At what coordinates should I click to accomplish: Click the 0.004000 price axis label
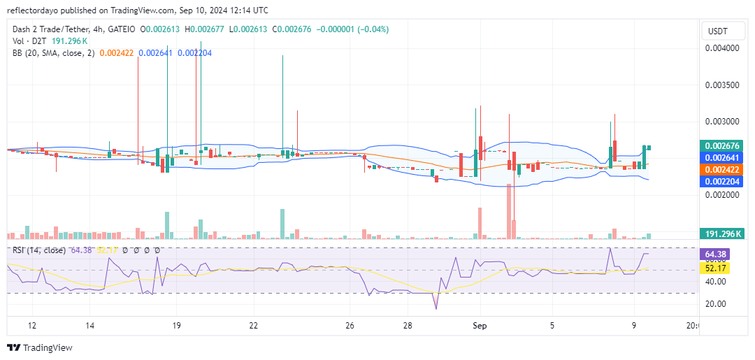tap(721, 48)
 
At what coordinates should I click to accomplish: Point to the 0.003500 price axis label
tap(721, 85)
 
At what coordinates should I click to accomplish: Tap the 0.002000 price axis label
tap(721, 195)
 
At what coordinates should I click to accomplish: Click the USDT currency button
tap(718, 31)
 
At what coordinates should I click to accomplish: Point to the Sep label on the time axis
tap(480, 326)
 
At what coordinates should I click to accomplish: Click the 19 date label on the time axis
tap(177, 326)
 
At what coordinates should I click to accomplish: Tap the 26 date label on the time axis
tap(350, 326)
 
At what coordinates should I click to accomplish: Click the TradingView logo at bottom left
tap(41, 347)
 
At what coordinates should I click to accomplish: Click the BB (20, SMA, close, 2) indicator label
tap(53, 52)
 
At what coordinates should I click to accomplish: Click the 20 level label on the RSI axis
tap(714, 304)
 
